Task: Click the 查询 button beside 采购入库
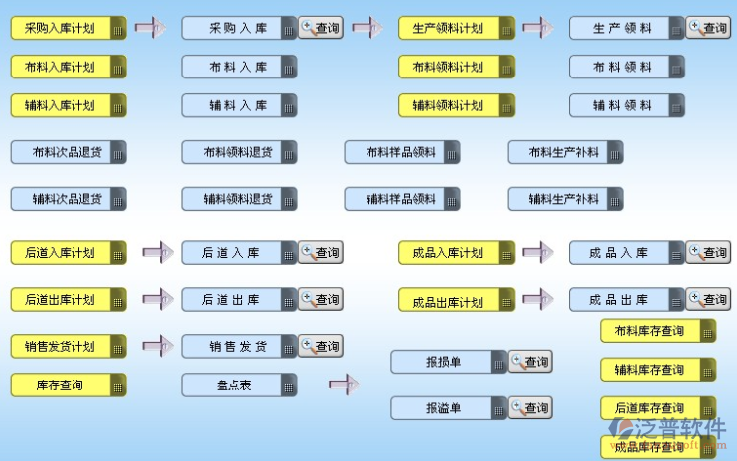[x=320, y=28]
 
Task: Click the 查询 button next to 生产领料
[x=708, y=28]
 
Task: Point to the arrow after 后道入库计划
[x=158, y=253]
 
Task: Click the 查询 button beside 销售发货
[x=320, y=346]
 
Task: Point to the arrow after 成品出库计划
[x=537, y=299]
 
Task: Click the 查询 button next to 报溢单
[x=529, y=407]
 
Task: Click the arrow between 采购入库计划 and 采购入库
[x=150, y=28]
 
